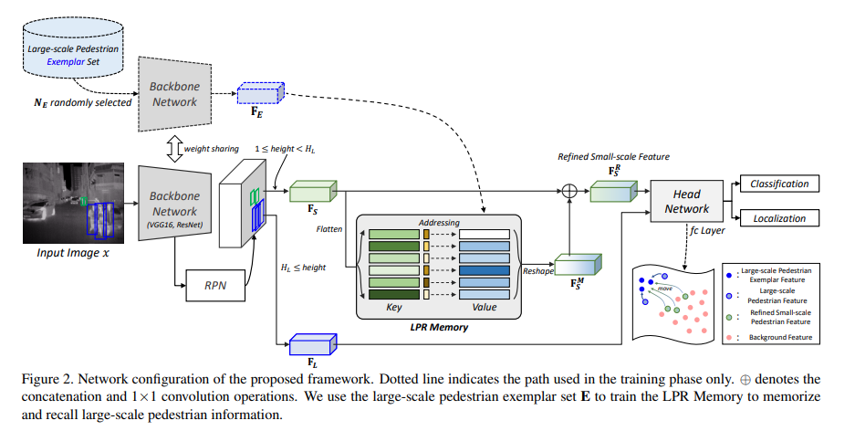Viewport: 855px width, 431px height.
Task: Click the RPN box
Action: click(x=215, y=285)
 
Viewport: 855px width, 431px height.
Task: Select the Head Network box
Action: click(x=686, y=201)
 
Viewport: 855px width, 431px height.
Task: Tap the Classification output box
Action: click(x=779, y=184)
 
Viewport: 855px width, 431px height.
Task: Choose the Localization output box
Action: click(x=779, y=219)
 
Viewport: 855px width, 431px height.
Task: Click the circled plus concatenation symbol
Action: click(x=570, y=192)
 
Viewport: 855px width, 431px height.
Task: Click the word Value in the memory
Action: click(x=485, y=308)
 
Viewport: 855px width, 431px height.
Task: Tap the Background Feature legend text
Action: click(x=780, y=338)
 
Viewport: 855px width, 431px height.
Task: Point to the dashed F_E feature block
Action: click(x=260, y=95)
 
